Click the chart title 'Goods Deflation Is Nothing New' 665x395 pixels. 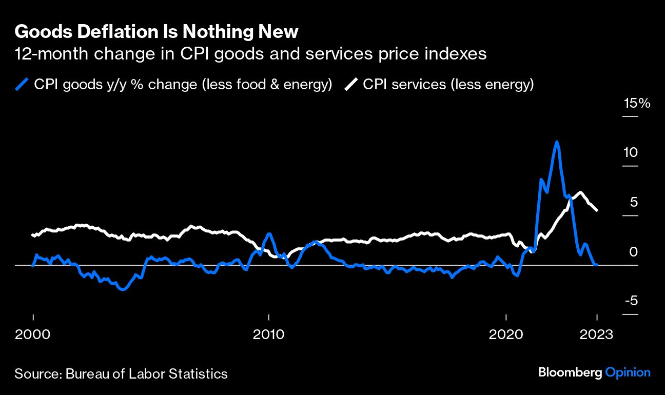(156, 32)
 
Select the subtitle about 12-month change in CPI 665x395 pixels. (250, 54)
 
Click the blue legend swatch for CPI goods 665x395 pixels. (22, 84)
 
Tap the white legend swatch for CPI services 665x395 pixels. (351, 84)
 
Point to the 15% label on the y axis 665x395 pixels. (637, 104)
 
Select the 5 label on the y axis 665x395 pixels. (634, 202)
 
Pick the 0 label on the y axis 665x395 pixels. (634, 251)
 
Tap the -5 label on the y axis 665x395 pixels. (631, 301)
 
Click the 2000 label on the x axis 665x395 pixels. (33, 335)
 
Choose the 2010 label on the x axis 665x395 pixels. (269, 335)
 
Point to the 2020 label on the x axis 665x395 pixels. (506, 335)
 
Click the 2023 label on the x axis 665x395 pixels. (596, 335)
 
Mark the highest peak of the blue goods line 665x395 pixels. (557, 142)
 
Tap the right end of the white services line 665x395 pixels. (596, 210)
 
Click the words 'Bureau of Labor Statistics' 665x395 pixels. (146, 373)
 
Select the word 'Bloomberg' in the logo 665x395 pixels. (570, 373)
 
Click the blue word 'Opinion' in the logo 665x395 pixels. (628, 373)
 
